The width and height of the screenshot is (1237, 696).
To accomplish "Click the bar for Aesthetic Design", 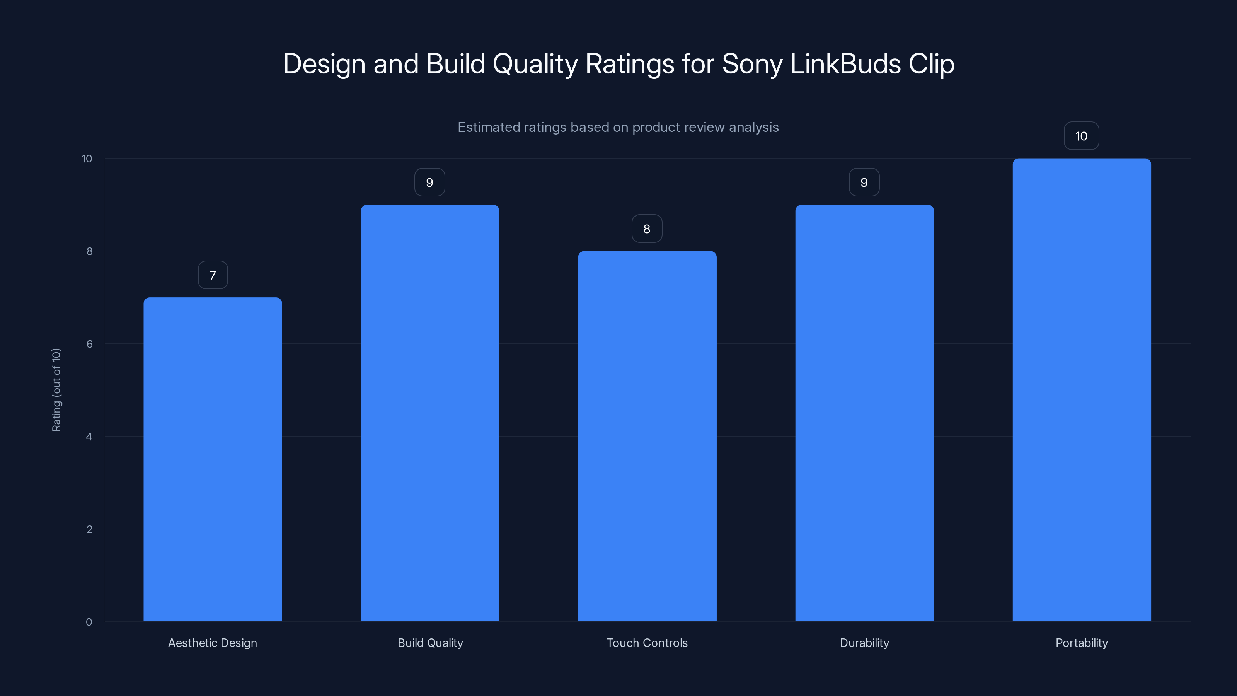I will (x=213, y=459).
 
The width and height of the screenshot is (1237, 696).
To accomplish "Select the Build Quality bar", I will (x=430, y=413).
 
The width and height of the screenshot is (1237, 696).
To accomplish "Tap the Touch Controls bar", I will (x=647, y=436).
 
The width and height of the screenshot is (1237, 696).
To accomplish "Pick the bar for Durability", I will (x=864, y=413).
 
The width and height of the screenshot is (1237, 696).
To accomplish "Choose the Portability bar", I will (x=1082, y=390).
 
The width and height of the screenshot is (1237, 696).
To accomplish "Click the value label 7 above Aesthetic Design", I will (x=213, y=275).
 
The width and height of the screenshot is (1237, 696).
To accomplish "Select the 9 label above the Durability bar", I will (x=864, y=183).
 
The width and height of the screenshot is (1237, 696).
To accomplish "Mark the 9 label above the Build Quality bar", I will (x=430, y=183).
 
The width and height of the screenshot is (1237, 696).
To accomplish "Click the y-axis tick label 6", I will (x=89, y=344).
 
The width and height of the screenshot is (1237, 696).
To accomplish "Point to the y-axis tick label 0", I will (x=89, y=622).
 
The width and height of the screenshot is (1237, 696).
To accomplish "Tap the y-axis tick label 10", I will (x=87, y=159).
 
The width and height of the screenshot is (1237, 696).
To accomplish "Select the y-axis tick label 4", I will (x=89, y=437).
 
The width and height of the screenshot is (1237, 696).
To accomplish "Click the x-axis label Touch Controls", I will (x=647, y=643).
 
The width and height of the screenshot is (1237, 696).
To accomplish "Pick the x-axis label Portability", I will (x=1082, y=643).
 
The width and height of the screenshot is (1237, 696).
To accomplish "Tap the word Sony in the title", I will (x=752, y=64).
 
